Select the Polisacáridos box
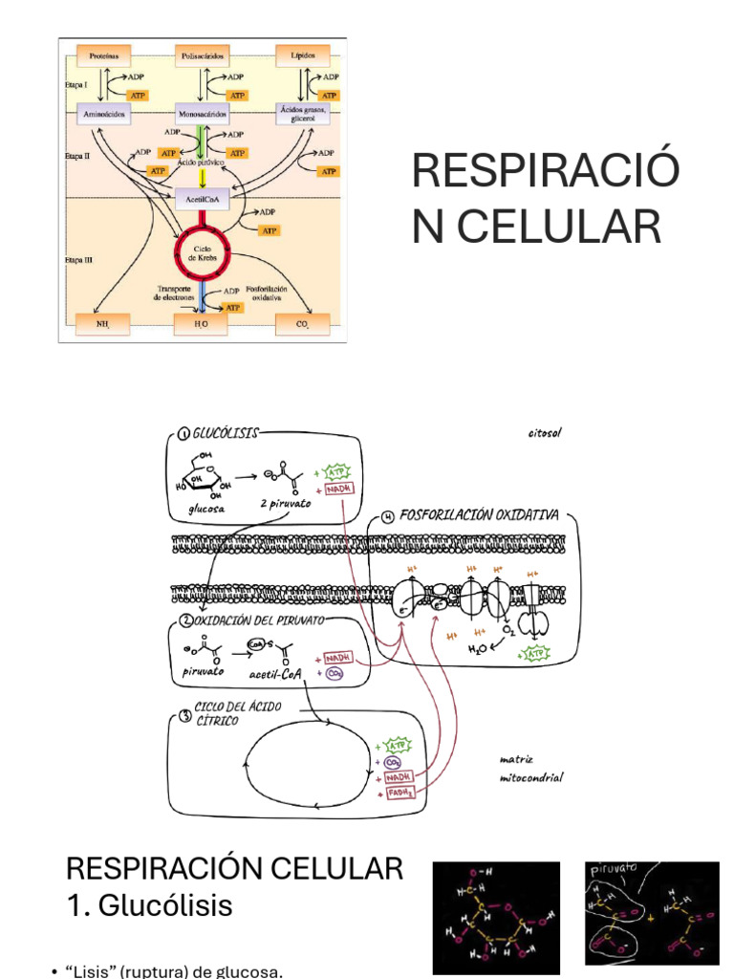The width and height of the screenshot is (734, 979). click(x=203, y=56)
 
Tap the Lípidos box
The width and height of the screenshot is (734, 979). click(x=302, y=56)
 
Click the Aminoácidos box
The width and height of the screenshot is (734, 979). click(x=105, y=112)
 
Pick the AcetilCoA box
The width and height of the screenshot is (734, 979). click(x=202, y=200)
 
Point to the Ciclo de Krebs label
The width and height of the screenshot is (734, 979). click(x=202, y=252)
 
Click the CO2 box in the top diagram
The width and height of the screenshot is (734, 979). click(x=302, y=324)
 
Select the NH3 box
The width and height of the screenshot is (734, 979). click(x=102, y=324)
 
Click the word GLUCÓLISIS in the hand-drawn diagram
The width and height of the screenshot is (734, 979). click(x=227, y=433)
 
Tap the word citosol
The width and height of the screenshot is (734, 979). click(x=545, y=432)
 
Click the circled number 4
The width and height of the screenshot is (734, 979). click(x=387, y=517)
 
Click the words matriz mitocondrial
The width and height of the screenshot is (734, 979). click(x=530, y=769)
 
